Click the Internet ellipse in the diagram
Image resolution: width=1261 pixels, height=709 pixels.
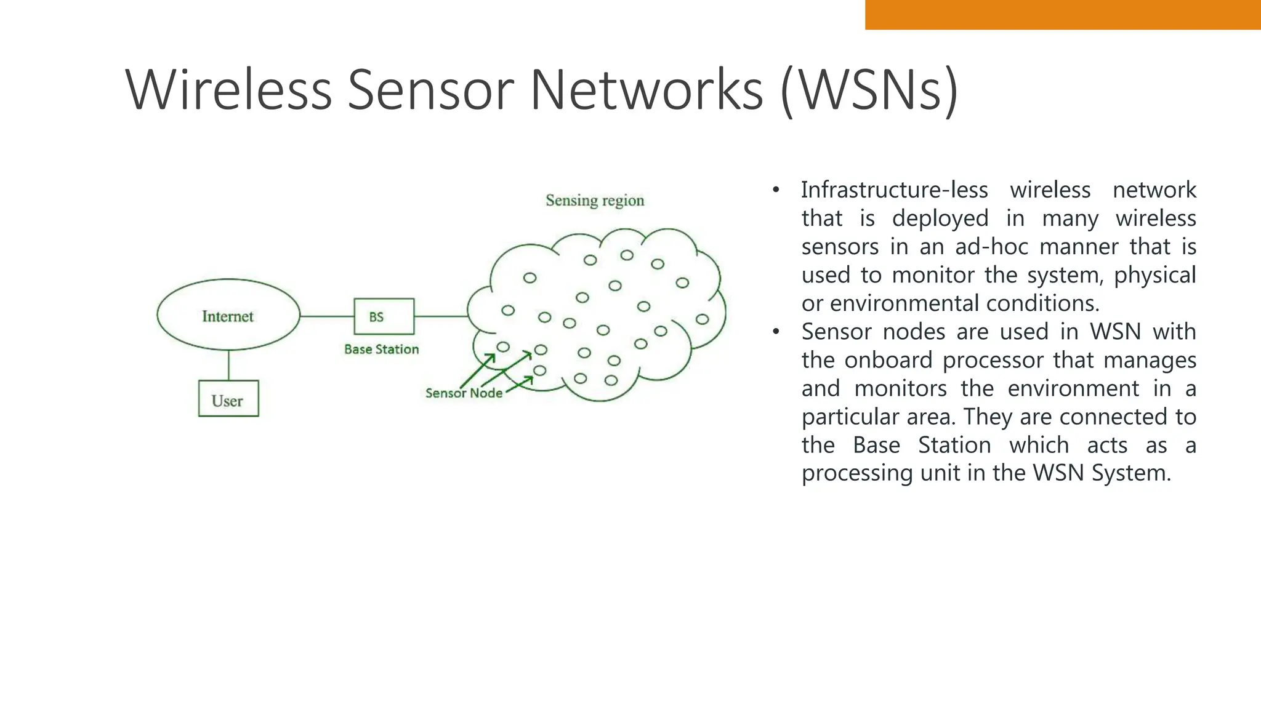228,315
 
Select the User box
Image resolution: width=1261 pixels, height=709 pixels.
228,399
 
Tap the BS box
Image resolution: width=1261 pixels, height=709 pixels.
384,316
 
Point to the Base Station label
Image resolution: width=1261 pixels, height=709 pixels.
381,349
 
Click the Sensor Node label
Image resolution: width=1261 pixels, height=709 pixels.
464,393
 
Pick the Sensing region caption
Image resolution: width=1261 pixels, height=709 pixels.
595,200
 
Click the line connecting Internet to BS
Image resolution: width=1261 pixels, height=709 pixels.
327,316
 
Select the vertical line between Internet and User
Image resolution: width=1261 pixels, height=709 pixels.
228,366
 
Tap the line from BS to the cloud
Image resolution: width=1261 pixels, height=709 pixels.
441,316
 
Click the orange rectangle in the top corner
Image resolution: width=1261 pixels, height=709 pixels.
1063,14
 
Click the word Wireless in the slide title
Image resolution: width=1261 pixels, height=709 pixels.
228,90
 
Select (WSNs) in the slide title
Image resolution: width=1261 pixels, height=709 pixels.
869,90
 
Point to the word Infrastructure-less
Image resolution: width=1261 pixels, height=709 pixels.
894,190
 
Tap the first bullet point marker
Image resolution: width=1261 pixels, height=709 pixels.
776,190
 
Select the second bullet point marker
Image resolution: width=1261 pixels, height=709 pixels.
776,332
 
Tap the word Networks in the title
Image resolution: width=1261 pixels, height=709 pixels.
647,90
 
